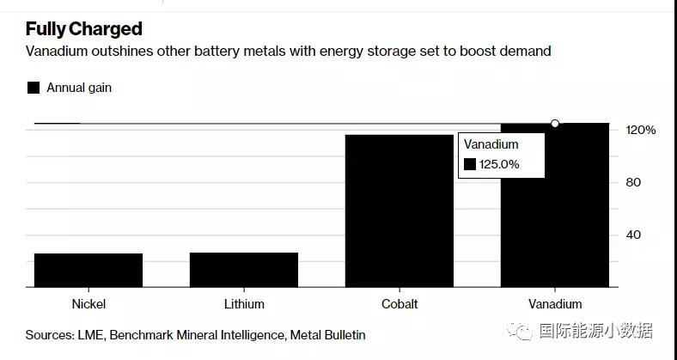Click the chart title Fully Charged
click(x=83, y=29)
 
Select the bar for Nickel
click(x=88, y=270)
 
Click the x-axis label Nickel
click(x=89, y=304)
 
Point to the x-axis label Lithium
click(x=244, y=304)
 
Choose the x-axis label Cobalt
click(x=399, y=304)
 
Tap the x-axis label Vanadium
click(x=555, y=304)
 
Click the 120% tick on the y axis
click(x=640, y=130)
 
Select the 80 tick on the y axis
click(x=633, y=182)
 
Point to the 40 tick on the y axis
click(x=633, y=235)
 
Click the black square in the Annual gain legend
click(x=34, y=88)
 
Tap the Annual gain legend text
click(x=79, y=88)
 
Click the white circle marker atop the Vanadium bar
click(x=555, y=124)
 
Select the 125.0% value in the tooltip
click(x=499, y=164)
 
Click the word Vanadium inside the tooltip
click(x=491, y=144)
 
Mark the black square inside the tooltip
click(x=469, y=164)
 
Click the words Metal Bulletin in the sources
click(x=327, y=335)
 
